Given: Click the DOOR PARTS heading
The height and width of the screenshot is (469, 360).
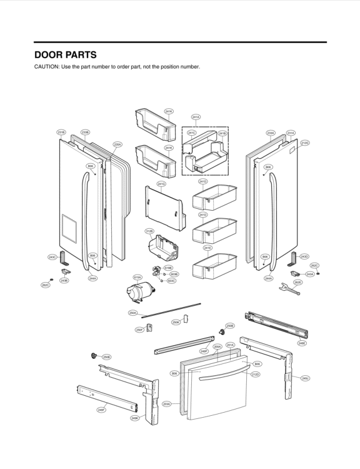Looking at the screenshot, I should tap(65, 55).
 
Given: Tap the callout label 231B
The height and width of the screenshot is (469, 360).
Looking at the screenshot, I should tap(61, 132).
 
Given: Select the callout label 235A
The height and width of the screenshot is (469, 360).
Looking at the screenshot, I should tap(117, 144).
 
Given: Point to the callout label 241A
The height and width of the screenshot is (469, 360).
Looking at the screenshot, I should tap(196, 117).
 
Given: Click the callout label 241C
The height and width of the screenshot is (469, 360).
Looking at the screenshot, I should tap(192, 133).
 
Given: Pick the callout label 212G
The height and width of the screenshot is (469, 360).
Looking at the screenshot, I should tap(305, 143).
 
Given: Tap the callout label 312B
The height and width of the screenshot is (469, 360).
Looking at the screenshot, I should tap(150, 231).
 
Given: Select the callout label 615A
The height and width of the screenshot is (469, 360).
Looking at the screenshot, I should tap(137, 276).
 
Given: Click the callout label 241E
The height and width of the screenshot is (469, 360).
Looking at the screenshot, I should tap(207, 248).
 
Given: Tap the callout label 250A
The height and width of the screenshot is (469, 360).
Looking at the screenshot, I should tap(133, 313).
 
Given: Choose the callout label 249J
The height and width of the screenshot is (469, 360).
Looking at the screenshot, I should tap(305, 378).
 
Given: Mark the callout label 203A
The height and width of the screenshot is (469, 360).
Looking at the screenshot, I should tap(166, 404).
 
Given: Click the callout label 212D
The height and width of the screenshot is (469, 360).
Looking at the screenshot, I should tap(256, 374).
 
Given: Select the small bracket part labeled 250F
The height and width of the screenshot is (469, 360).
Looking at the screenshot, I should tap(149, 328).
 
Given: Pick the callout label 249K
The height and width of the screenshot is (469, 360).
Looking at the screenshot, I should tap(134, 418).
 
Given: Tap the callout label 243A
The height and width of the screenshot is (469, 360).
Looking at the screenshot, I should tap(309, 274).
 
